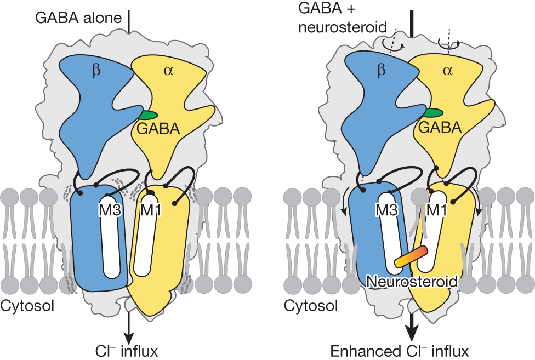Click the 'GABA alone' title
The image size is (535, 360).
[78, 18]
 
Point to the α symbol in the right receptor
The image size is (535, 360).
[447, 71]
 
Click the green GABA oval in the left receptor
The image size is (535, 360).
[147, 115]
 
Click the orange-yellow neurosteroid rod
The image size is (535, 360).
[409, 258]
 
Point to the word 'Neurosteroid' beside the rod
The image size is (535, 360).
[412, 281]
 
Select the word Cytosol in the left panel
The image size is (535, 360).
[28, 305]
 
